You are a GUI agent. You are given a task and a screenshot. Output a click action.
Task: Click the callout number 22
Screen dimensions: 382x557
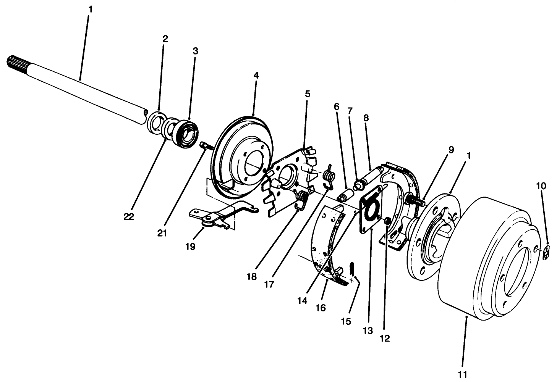coord(129,216)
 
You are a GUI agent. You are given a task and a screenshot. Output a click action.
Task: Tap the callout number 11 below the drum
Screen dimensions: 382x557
coord(462,374)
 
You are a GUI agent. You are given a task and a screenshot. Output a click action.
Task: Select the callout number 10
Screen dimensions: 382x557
coord(541,186)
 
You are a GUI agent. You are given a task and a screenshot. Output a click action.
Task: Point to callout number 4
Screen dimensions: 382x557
coord(256,75)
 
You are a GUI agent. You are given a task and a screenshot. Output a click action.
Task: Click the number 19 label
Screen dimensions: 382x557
coord(190,247)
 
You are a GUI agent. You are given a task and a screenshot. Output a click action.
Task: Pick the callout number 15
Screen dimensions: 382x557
coord(345,321)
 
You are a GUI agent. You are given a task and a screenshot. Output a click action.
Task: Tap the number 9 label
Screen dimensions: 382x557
coord(451,150)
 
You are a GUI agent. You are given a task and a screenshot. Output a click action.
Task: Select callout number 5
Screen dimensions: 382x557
coord(308,93)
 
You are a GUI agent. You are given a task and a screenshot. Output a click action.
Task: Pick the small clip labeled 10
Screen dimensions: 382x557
coord(547,252)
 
